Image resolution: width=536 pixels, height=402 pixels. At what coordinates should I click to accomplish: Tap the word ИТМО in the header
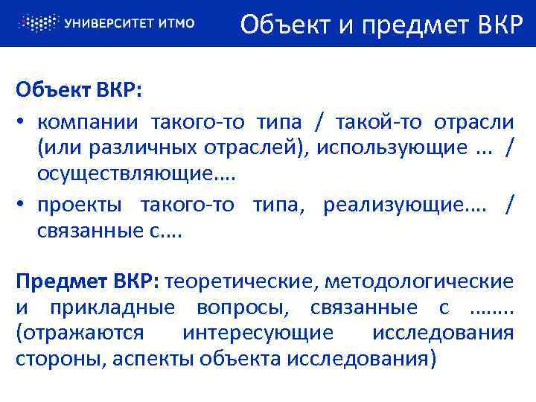click(176, 23)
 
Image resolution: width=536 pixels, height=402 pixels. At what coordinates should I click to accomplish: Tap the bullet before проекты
click(23, 205)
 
